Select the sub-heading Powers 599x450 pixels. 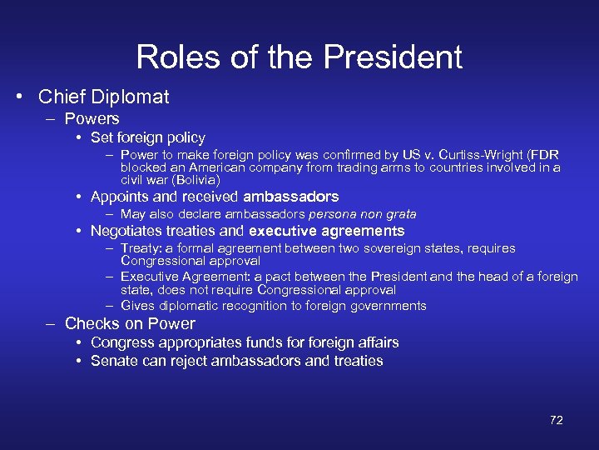pyautogui.click(x=92, y=119)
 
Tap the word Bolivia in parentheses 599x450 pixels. pyautogui.click(x=196, y=180)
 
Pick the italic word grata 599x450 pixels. pyautogui.click(x=400, y=214)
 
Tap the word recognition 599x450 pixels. pyautogui.click(x=247, y=306)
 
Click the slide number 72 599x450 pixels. pyautogui.click(x=556, y=420)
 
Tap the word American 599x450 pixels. pyautogui.click(x=205, y=167)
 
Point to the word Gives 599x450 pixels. pyautogui.click(x=138, y=306)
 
